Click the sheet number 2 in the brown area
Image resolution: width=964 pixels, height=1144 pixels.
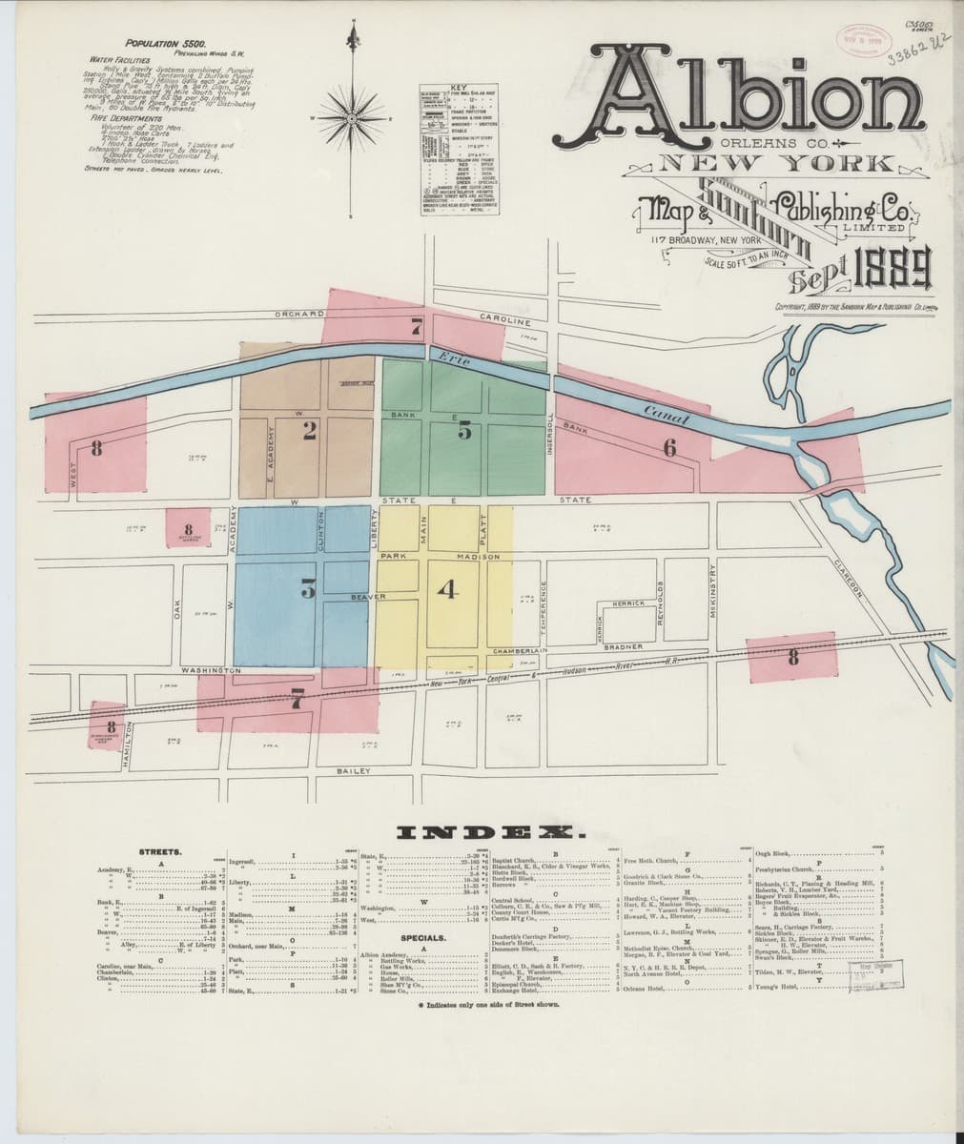309,432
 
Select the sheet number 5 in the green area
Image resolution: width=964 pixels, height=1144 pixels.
464,431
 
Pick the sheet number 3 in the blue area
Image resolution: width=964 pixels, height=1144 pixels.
308,590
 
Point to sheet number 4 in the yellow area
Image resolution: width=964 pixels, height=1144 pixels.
448,591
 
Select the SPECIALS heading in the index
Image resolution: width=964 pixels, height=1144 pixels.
421,938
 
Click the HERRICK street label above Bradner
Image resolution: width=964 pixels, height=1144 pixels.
630,603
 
